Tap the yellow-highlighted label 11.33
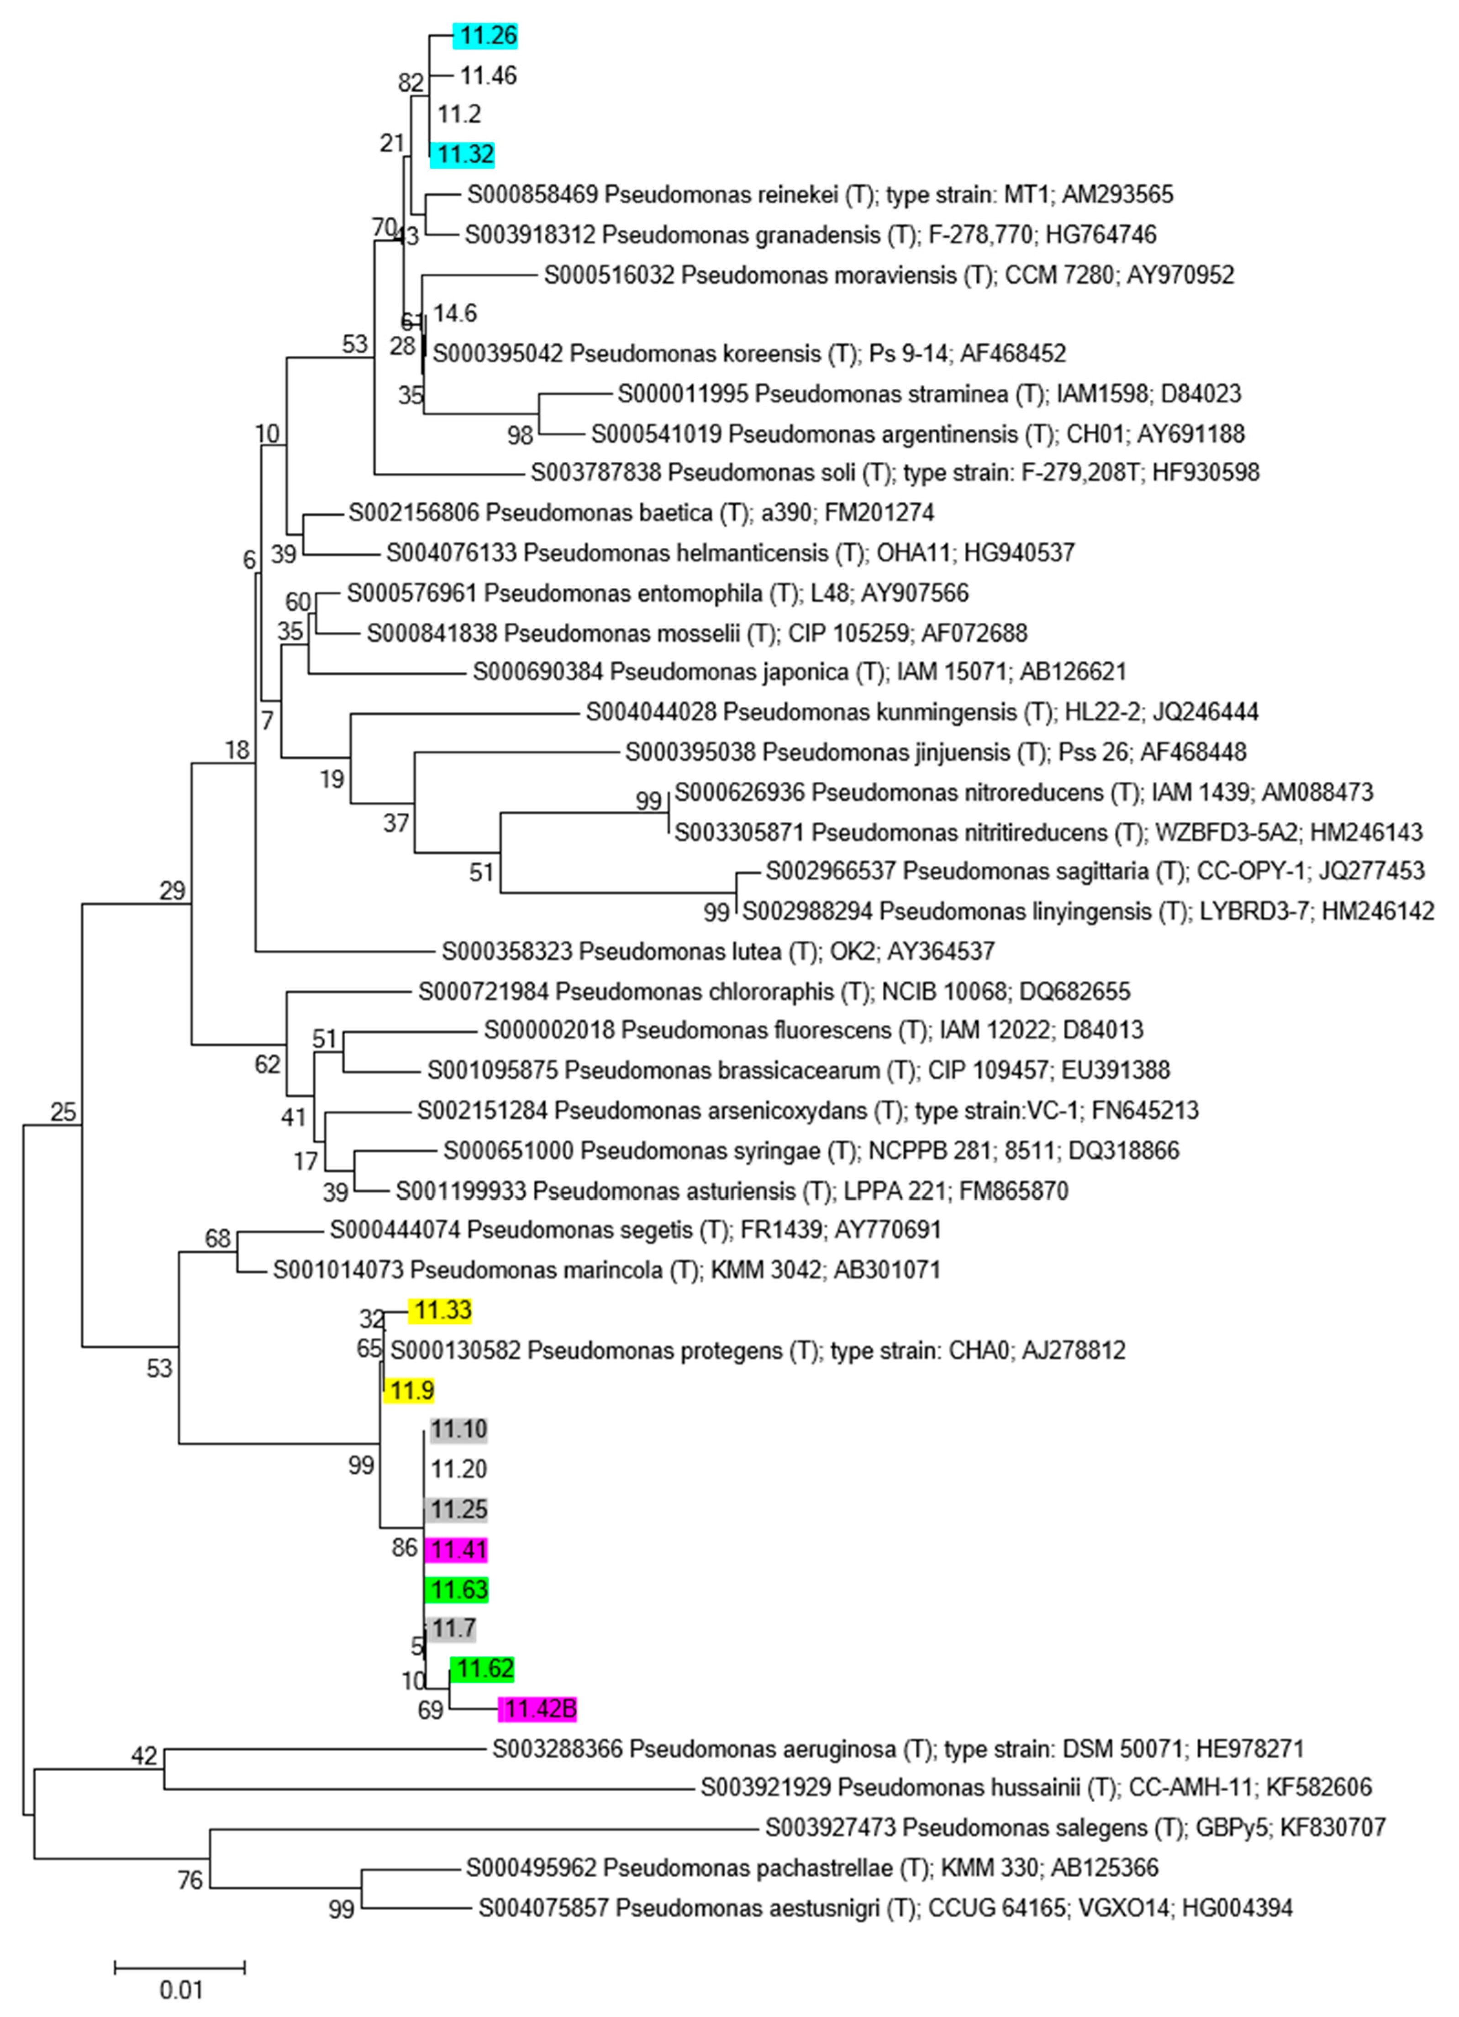coord(440,1310)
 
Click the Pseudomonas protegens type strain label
coord(758,1350)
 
